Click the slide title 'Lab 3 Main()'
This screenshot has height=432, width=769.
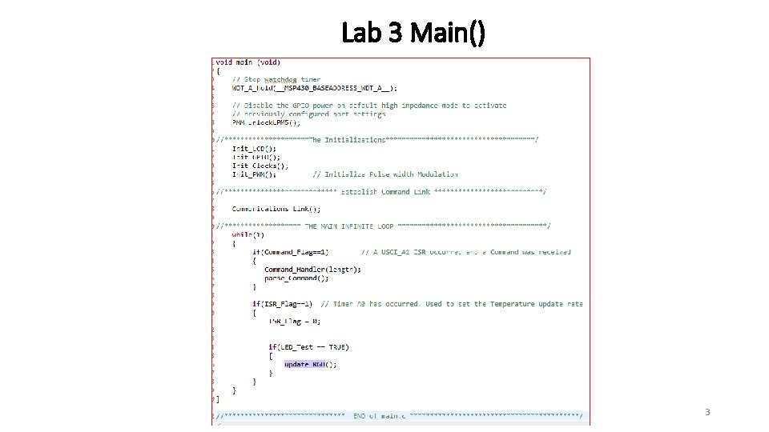click(413, 33)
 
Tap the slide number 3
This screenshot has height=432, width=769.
click(707, 412)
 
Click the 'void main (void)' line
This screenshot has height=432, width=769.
click(248, 62)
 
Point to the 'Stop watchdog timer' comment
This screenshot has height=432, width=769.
click(276, 79)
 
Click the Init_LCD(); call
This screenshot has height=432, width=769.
click(254, 148)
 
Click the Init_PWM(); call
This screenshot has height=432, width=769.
click(254, 174)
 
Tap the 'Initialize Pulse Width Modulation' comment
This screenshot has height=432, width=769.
click(385, 174)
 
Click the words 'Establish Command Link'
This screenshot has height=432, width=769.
click(386, 192)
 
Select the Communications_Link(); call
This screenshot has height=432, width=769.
click(276, 209)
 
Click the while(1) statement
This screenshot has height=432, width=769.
click(248, 235)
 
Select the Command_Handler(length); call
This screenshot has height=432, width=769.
click(312, 270)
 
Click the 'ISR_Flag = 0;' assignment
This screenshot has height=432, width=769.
click(294, 322)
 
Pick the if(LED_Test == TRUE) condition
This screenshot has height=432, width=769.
click(308, 347)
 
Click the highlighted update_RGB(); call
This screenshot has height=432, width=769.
click(311, 365)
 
